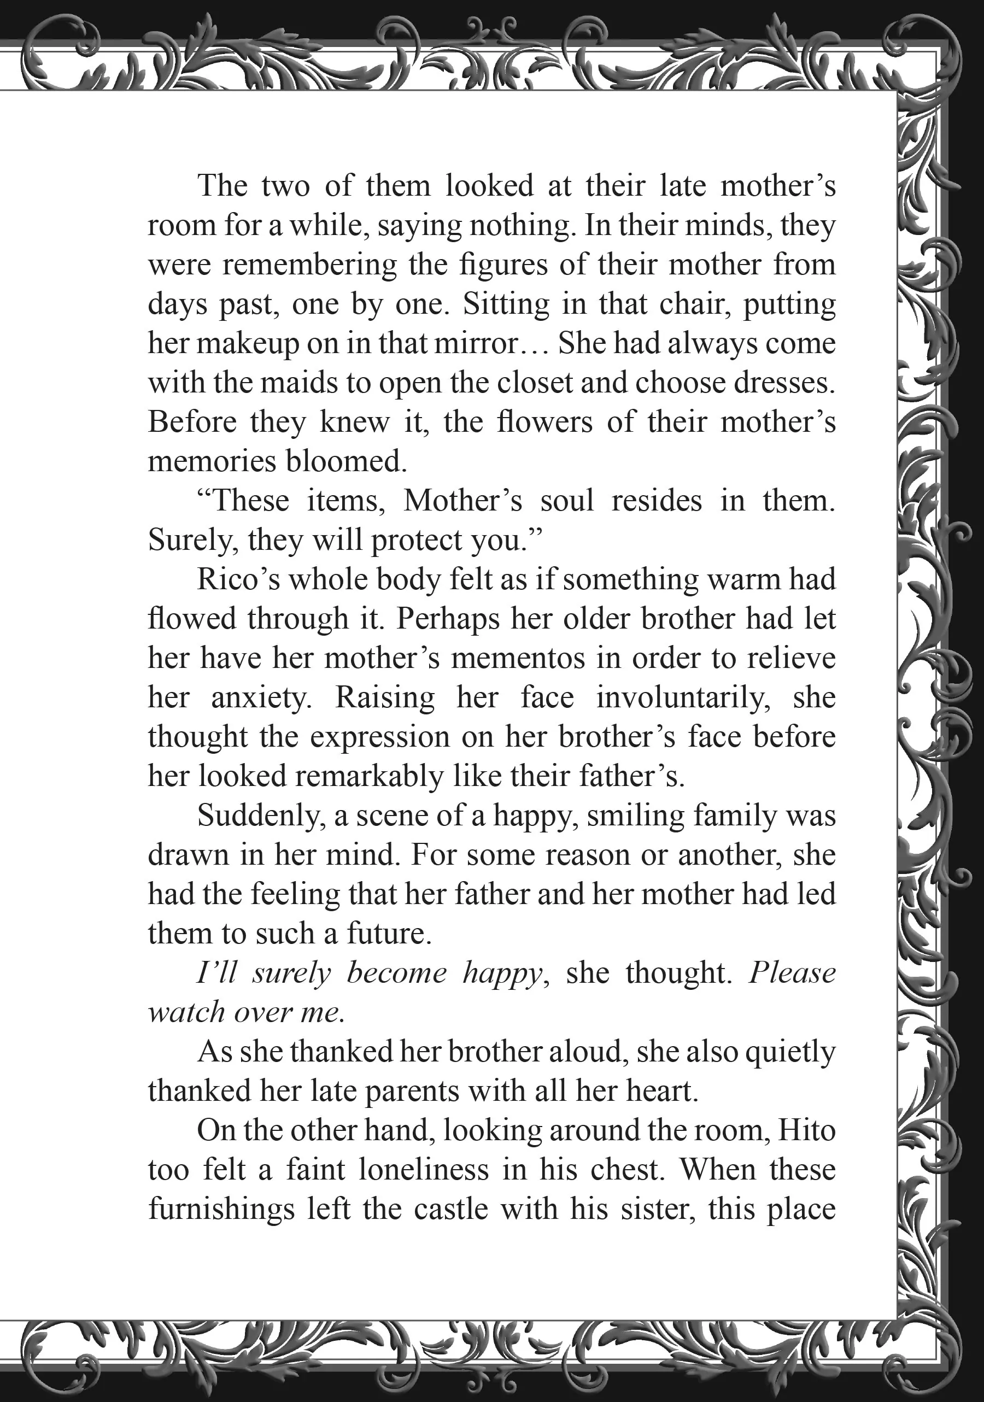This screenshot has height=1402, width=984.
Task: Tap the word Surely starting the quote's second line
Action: tap(193, 541)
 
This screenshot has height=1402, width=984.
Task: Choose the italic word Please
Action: tap(792, 973)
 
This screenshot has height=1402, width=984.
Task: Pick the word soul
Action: tap(567, 501)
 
